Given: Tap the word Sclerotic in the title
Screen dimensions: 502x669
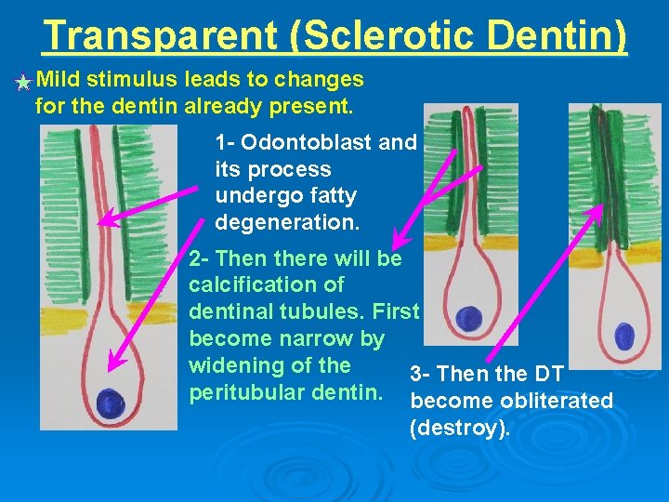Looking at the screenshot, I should tap(381, 35).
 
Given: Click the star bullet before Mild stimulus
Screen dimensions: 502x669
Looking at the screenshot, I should tap(23, 83).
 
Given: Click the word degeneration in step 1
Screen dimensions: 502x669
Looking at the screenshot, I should tap(285, 223).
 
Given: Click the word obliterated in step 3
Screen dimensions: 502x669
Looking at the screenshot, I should tap(557, 401).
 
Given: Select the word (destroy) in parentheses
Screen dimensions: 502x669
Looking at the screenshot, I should tap(459, 428).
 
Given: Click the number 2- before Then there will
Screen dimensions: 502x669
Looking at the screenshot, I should tap(199, 257).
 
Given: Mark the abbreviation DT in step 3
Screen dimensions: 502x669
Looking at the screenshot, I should tap(547, 375).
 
